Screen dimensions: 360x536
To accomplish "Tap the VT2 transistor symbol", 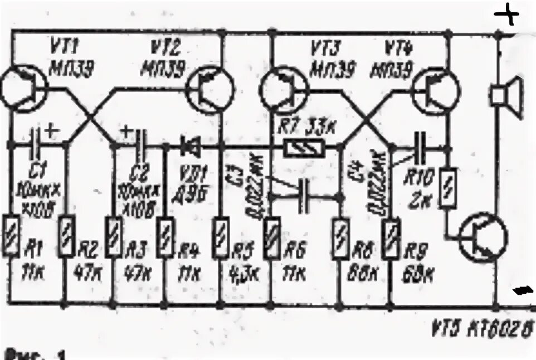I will pos(211,90).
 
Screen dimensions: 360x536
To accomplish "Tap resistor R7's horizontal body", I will pos(304,148).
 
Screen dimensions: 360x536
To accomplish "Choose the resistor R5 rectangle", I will pos(221,237).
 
